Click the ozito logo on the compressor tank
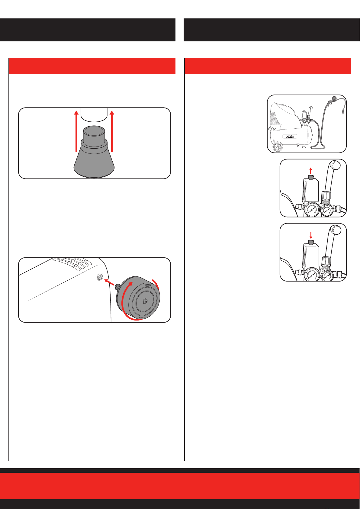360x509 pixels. click(x=290, y=136)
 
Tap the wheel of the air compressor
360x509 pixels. click(x=278, y=147)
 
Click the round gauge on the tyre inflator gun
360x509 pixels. click(x=334, y=98)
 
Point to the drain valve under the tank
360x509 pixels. click(x=297, y=145)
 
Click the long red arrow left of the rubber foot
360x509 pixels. click(x=76, y=131)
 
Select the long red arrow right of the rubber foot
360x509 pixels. click(x=112, y=131)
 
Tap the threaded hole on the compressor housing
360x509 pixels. click(x=100, y=277)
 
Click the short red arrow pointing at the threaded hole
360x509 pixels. click(x=109, y=282)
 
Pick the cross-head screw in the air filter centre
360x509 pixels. click(x=145, y=301)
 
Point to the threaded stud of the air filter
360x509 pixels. click(x=118, y=287)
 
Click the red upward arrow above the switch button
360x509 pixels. click(x=311, y=171)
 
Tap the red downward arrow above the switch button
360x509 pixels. click(x=311, y=235)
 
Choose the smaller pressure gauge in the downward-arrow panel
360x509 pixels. click(x=327, y=275)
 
